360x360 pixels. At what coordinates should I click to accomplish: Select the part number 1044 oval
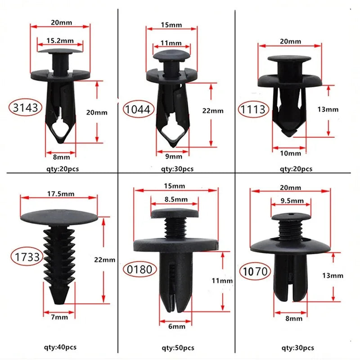pos(139,108)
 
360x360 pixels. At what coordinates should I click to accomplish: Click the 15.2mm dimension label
pos(60,40)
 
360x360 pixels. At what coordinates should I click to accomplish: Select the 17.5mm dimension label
pos(60,193)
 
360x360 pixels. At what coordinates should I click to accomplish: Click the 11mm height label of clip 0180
pos(222,280)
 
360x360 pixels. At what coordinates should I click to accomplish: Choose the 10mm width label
pos(290,153)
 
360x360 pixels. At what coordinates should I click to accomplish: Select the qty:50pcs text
pos(178,348)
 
